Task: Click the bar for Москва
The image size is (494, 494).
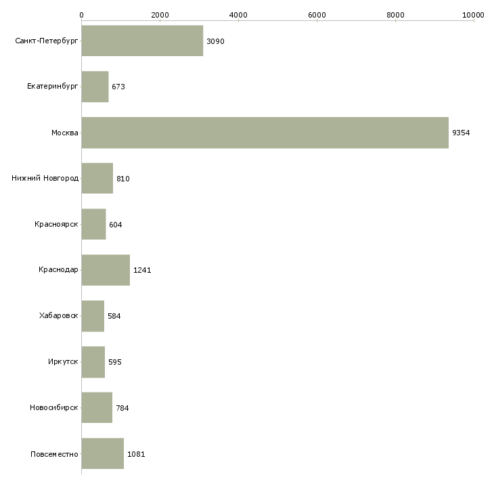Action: point(265,133)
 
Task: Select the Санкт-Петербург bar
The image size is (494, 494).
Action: point(142,41)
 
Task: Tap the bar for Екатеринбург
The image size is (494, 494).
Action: point(95,87)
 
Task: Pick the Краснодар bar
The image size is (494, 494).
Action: point(106,270)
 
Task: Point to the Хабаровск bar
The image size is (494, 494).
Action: point(93,316)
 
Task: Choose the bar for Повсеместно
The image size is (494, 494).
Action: point(103,453)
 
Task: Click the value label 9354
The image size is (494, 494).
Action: point(461,133)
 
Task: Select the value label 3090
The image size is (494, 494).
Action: point(215,41)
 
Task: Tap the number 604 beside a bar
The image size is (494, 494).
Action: point(116,225)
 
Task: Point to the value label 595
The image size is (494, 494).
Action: point(114,362)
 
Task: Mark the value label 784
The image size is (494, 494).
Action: point(122,408)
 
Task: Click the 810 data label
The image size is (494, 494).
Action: point(123,179)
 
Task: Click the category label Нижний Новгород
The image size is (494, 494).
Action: point(45,179)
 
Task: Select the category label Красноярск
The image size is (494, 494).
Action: point(56,224)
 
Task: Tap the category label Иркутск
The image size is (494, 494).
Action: point(63,361)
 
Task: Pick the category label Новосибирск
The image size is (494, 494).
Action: point(54,407)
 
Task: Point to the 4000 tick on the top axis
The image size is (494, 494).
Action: point(238,15)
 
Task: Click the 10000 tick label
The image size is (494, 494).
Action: point(473,15)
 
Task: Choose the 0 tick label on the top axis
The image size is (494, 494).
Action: point(82,15)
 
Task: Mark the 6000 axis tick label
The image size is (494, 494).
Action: point(317,15)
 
